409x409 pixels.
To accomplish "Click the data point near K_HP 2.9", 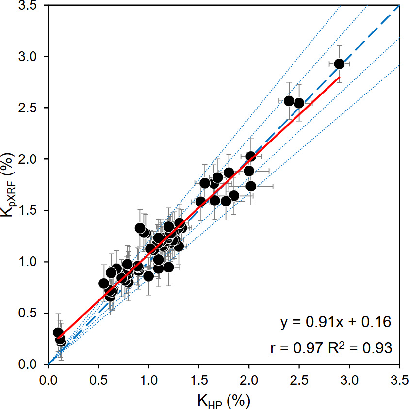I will tap(339, 64).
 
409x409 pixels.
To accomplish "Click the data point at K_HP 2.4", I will tap(289, 101).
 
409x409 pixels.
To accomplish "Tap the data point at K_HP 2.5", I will tap(299, 103).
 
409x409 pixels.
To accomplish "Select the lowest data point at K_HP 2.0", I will tap(251, 186).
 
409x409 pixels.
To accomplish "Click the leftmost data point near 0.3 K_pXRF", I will tap(58, 332).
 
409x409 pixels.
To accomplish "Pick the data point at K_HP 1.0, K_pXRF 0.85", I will tap(148, 276).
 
